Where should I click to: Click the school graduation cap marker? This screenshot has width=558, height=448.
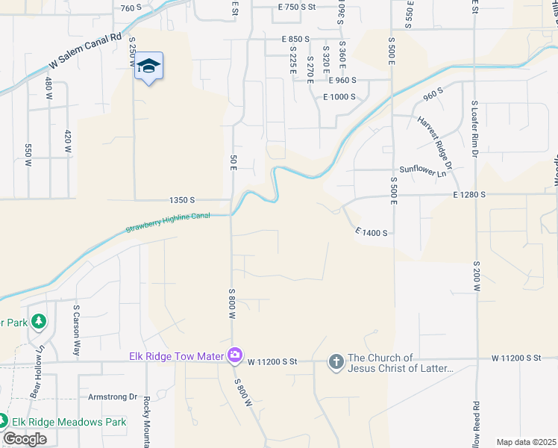(x=149, y=66)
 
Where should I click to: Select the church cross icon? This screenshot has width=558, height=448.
(x=336, y=362)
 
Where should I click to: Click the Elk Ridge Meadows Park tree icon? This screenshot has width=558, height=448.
(x=3, y=422)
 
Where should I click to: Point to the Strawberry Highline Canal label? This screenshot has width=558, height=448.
(x=168, y=222)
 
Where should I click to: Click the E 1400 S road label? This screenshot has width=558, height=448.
(x=372, y=233)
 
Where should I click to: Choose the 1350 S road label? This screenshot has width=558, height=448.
(x=182, y=200)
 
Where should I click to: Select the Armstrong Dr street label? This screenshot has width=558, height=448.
(x=113, y=397)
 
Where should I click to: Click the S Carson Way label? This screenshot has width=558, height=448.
(x=76, y=329)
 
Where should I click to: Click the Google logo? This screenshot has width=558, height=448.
(x=25, y=439)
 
